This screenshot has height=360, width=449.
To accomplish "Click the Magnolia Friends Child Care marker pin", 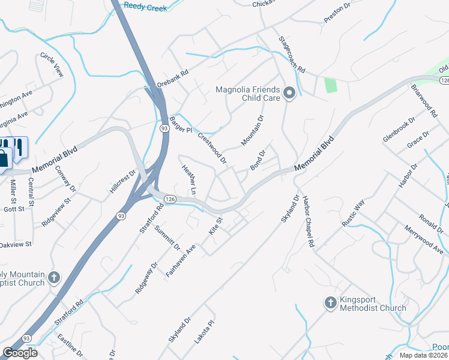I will click(x=289, y=93).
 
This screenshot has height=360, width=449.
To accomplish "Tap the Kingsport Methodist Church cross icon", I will click(x=330, y=303).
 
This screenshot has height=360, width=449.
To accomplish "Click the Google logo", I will click(x=20, y=353).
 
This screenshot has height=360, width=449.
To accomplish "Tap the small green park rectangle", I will click(x=330, y=85).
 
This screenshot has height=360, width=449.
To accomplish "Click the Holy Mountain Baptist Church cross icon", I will click(x=54, y=278).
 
